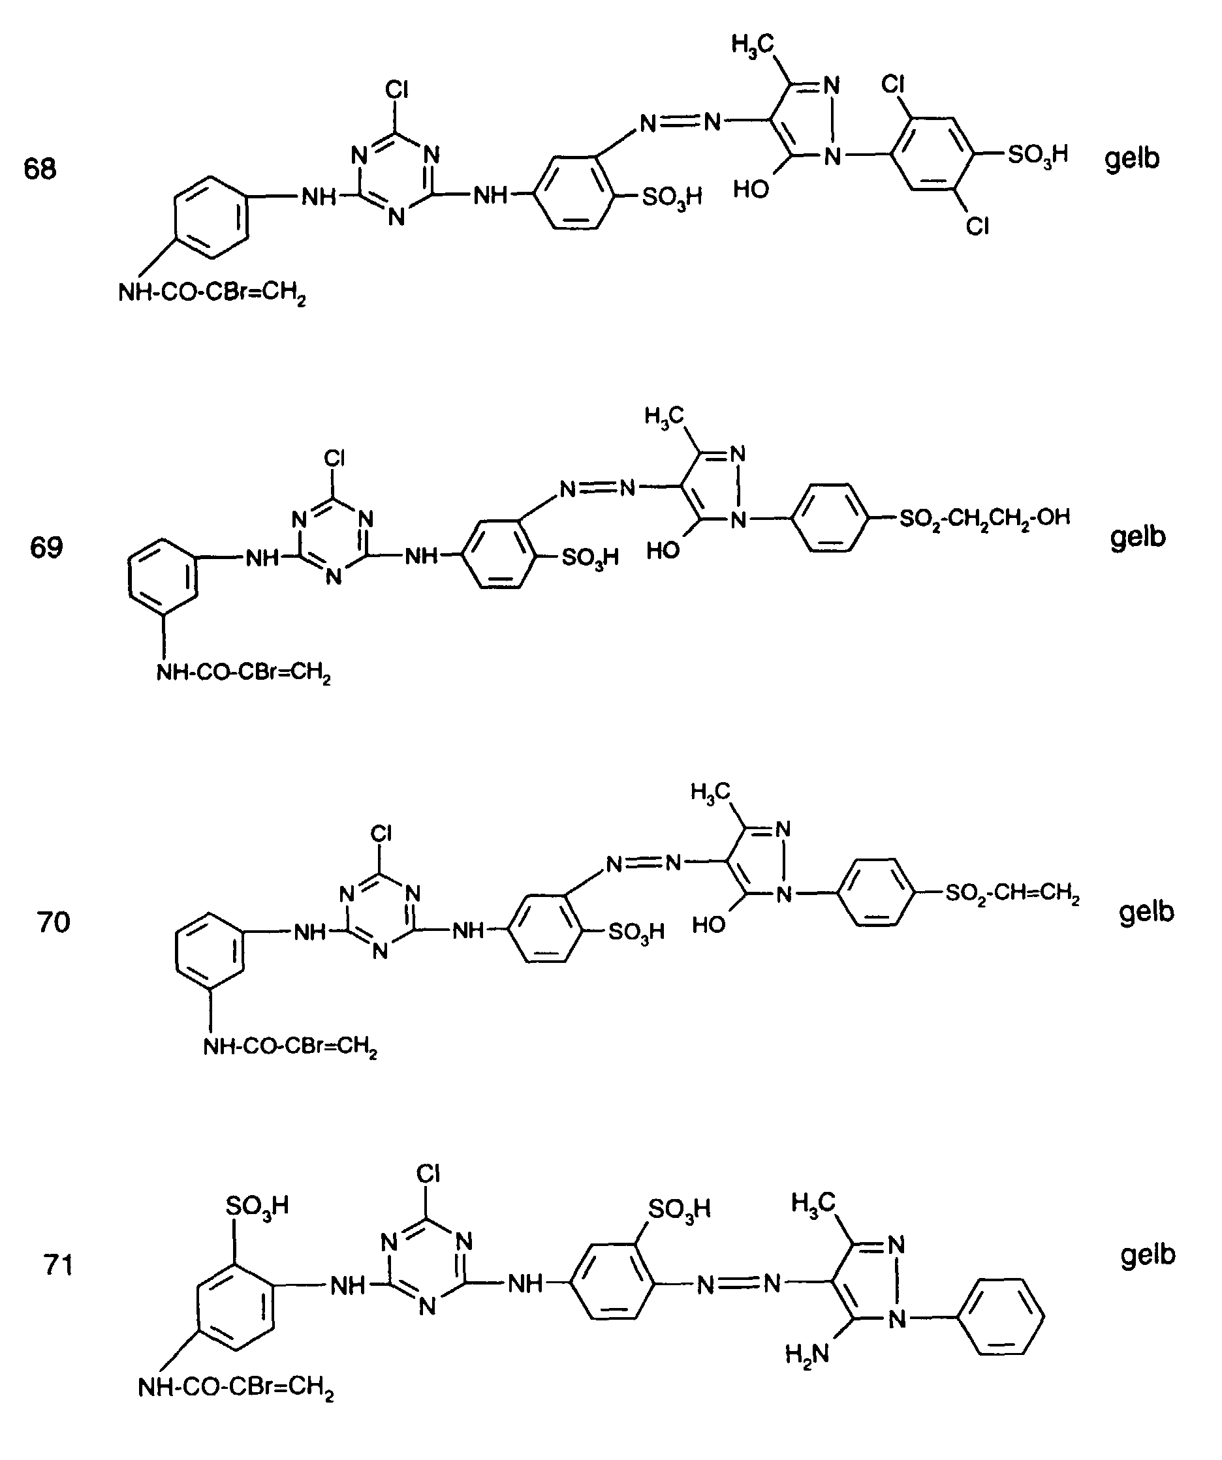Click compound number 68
(x=40, y=169)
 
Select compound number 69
(x=46, y=548)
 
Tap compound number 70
(x=54, y=922)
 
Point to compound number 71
(x=58, y=1265)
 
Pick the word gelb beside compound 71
(x=1148, y=1255)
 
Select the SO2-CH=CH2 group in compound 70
(x=1012, y=892)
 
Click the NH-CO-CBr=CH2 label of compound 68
(x=212, y=293)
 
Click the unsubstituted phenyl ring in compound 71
(x=1001, y=1316)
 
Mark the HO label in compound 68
(x=751, y=189)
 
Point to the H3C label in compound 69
(x=665, y=416)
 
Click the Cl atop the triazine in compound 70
(x=381, y=833)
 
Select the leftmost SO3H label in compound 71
(x=257, y=1206)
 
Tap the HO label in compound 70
(x=709, y=924)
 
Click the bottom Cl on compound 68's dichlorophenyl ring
(x=977, y=226)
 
